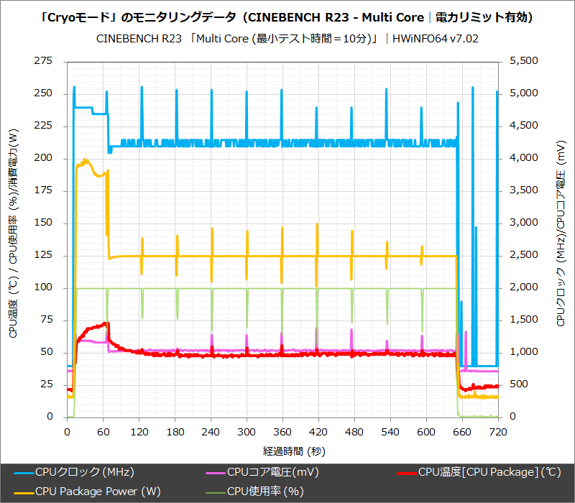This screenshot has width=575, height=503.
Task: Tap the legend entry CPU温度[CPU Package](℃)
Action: pyautogui.click(x=479, y=472)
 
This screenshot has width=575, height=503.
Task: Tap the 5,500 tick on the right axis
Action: pyautogui.click(x=523, y=62)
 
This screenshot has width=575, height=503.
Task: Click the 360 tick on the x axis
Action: pyautogui.click(x=282, y=432)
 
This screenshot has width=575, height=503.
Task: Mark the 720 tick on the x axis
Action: pyautogui.click(x=497, y=432)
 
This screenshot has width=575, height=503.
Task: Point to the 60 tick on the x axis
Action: pyautogui.click(x=103, y=432)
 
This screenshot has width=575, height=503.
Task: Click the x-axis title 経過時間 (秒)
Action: pyautogui.click(x=282, y=451)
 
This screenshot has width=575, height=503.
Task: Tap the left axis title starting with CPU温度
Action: pyautogui.click(x=14, y=237)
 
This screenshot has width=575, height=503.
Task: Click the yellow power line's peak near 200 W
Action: pyautogui.click(x=86, y=160)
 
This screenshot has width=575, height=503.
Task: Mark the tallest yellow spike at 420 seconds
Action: pyautogui.click(x=317, y=224)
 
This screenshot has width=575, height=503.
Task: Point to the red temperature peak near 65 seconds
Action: pyautogui.click(x=106, y=323)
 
